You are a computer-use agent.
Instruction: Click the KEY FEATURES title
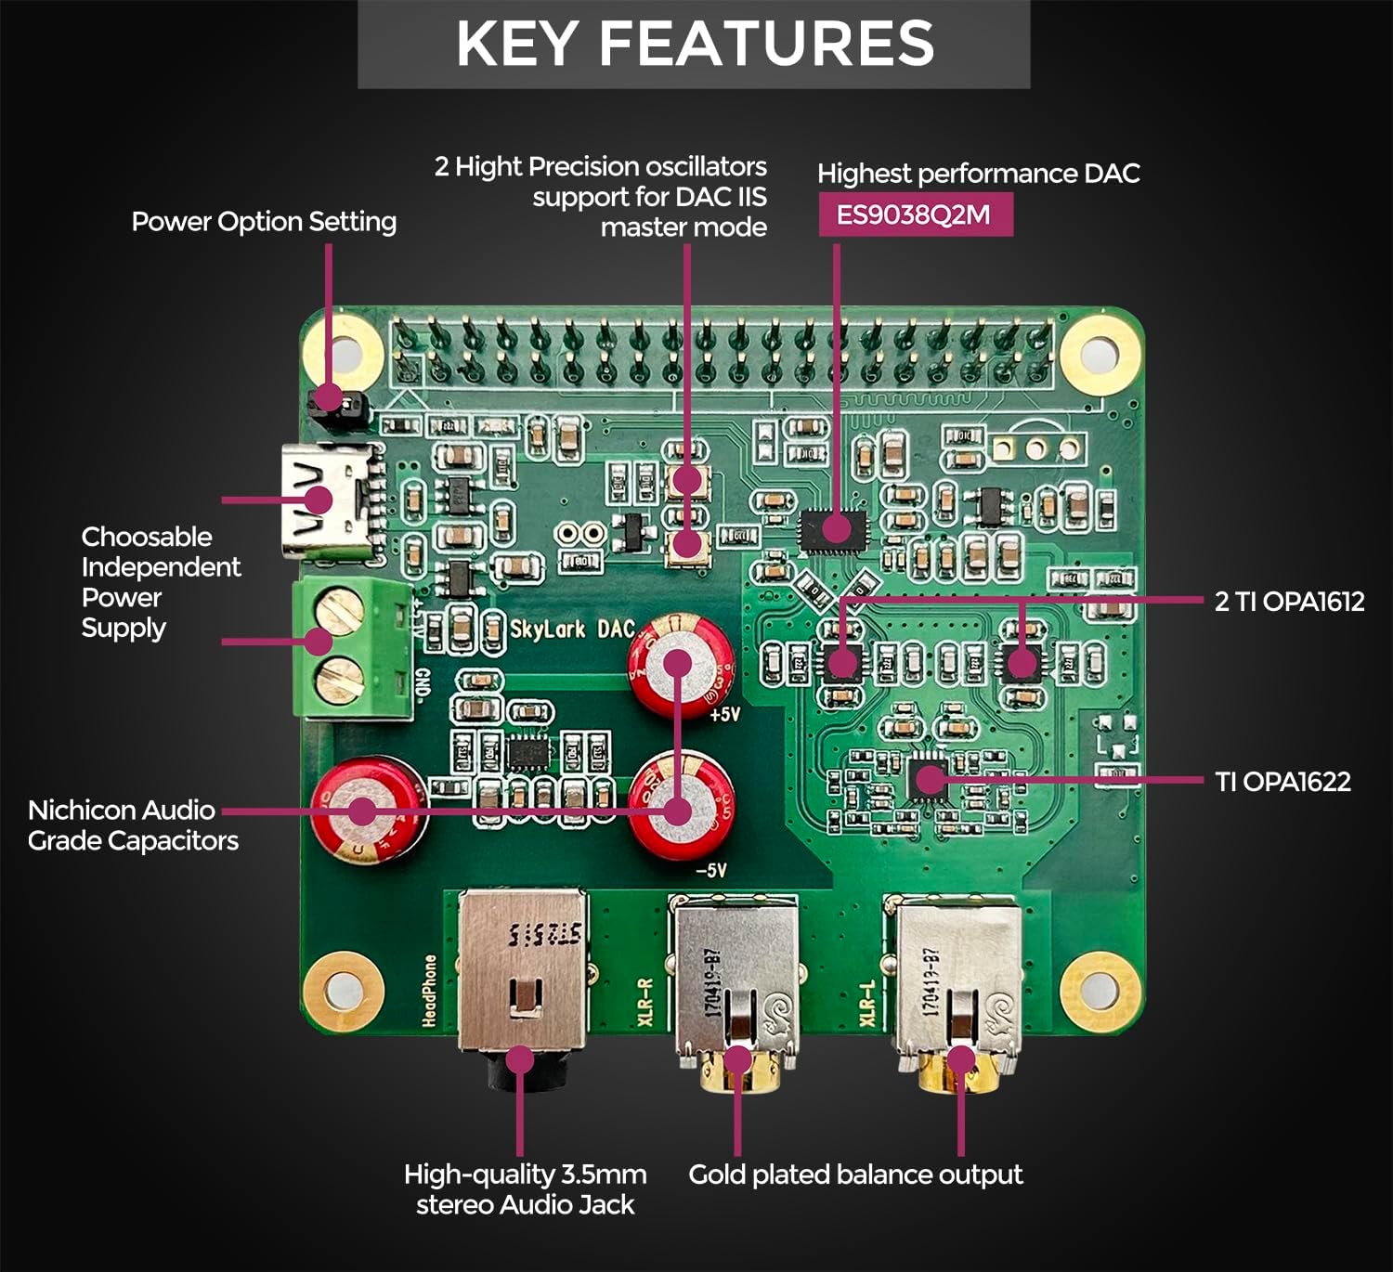tap(695, 44)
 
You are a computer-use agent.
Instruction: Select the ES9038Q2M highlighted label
tap(914, 215)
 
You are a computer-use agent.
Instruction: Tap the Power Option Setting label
tap(264, 222)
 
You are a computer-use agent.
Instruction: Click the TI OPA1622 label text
tap(1282, 782)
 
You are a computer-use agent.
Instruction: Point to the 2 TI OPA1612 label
tap(1289, 602)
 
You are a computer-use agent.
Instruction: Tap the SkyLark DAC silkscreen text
tap(572, 630)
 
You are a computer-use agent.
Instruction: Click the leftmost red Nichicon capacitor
tap(368, 810)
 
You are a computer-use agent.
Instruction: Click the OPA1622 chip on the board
tap(928, 778)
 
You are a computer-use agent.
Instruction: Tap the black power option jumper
tap(330, 399)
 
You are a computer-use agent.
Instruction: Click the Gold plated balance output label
tap(854, 1175)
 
